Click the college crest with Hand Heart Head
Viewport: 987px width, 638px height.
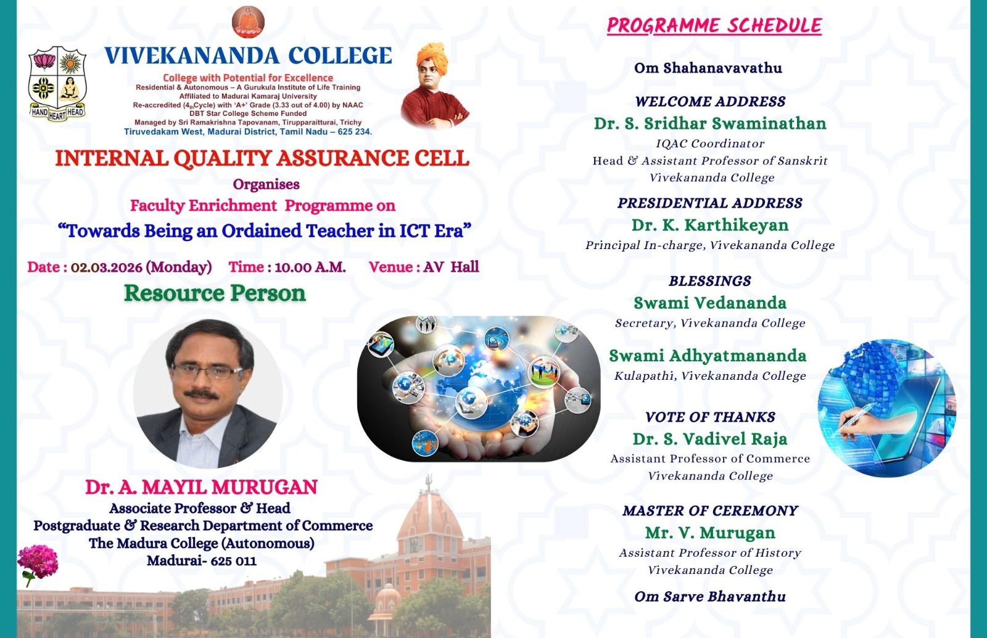point(57,83)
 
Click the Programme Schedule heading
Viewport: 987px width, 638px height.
point(714,25)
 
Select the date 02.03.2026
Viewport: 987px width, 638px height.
point(107,268)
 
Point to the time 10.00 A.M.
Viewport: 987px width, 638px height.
point(310,268)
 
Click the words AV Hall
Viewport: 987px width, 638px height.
point(451,267)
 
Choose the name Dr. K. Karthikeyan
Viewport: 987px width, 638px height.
point(710,225)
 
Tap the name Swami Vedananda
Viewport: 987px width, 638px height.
point(710,303)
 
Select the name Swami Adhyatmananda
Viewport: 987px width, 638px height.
point(708,356)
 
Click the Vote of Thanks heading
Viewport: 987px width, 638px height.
point(710,417)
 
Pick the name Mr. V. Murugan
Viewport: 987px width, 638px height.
point(710,533)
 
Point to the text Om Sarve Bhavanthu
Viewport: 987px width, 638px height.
point(710,597)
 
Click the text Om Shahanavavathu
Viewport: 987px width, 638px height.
point(708,68)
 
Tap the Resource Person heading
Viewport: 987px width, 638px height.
point(215,293)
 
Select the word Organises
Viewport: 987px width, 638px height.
point(266,184)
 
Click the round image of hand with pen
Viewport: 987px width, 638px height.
point(886,408)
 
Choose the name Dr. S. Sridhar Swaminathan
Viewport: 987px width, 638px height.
point(710,124)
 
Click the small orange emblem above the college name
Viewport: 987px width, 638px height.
point(248,22)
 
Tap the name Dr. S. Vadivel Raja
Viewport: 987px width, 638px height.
point(710,439)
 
